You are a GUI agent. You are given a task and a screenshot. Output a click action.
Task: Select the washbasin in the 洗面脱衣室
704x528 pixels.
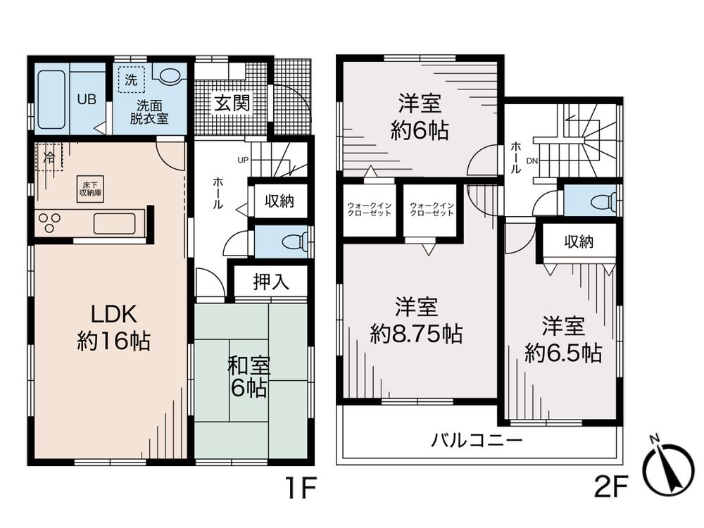(x=169, y=75)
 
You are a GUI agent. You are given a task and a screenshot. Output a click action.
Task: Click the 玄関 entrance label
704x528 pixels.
(x=232, y=104)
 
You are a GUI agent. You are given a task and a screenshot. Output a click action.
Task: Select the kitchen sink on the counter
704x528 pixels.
(x=115, y=223)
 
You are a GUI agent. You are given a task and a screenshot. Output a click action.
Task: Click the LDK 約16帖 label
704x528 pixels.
(x=113, y=327)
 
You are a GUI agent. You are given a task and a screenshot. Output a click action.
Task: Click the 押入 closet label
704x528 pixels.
(x=271, y=282)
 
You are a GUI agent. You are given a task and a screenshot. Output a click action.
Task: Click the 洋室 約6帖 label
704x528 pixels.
(x=420, y=117)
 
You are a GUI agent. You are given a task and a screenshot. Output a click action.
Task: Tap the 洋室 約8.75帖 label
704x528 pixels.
(x=416, y=320)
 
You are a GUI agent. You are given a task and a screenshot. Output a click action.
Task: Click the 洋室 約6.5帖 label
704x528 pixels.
(x=563, y=340)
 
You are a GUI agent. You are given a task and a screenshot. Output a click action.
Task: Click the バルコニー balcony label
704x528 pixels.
(x=477, y=441)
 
